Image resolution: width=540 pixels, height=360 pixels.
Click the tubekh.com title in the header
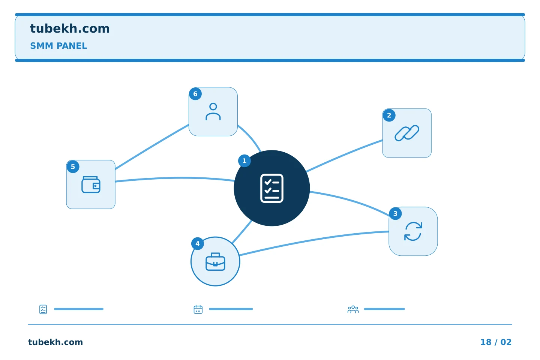click(x=70, y=29)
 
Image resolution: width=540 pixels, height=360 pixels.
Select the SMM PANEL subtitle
click(x=58, y=46)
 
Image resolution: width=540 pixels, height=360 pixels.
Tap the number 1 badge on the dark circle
click(x=244, y=161)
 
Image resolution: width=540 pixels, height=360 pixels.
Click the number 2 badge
click(x=389, y=115)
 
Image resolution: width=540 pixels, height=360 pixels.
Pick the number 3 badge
click(x=395, y=214)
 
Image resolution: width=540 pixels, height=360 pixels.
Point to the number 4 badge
click(x=198, y=243)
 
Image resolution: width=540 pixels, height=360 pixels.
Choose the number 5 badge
click(x=73, y=167)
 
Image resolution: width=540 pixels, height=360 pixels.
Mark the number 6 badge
click(x=195, y=94)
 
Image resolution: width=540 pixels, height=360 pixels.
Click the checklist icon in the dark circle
click(x=272, y=188)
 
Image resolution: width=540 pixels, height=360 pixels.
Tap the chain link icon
click(x=407, y=133)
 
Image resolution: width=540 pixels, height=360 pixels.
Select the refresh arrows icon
click(x=413, y=231)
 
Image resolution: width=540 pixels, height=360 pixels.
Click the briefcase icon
click(x=215, y=262)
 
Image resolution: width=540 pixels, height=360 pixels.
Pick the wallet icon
click(x=91, y=185)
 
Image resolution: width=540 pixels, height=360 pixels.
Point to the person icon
click(x=213, y=112)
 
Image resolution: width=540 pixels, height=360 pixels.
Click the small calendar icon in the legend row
click(x=198, y=309)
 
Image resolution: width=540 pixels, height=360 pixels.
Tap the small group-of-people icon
click(x=353, y=309)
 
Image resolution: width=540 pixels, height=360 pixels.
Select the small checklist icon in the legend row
click(x=43, y=309)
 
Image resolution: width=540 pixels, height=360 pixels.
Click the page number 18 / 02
click(x=496, y=342)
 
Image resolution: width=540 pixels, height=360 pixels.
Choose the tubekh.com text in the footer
click(x=55, y=342)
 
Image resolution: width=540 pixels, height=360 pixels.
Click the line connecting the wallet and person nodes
click(x=152, y=147)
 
